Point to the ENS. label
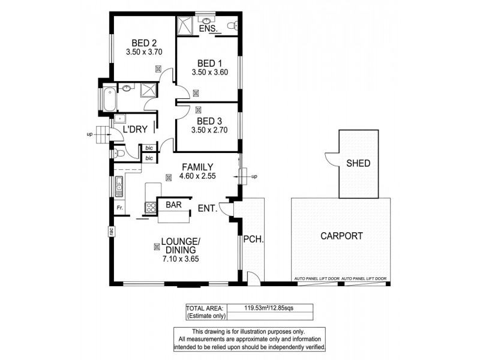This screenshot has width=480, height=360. tap(207, 28)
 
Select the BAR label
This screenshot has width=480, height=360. tap(174, 205)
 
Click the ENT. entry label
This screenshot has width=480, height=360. tap(208, 208)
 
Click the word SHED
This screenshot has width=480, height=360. tap(358, 163)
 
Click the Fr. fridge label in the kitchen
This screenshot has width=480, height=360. tap(120, 208)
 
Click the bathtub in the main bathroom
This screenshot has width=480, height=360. tap(110, 99)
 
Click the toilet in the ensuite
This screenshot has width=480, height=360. tap(233, 25)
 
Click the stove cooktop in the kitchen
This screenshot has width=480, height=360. tap(148, 208)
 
